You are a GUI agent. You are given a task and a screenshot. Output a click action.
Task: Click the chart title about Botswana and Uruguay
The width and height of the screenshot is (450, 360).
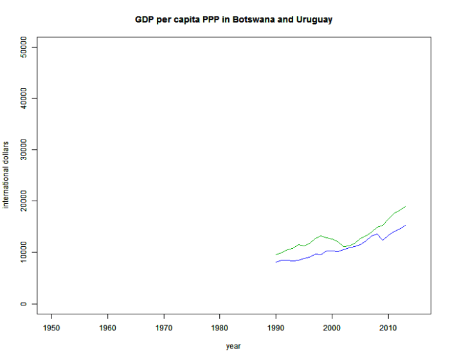click(233, 20)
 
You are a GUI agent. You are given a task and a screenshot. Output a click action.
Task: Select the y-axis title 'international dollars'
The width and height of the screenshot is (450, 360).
click(6, 175)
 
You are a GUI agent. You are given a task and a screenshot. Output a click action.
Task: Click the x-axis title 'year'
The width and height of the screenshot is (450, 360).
click(233, 346)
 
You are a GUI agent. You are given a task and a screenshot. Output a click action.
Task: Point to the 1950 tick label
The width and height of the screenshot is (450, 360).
click(52, 328)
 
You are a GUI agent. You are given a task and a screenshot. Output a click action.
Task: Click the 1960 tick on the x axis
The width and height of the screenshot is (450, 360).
click(108, 328)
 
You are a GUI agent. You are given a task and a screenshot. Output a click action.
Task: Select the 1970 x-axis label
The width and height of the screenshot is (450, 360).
click(164, 328)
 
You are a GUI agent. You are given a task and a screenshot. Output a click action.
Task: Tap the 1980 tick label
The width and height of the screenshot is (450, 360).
click(220, 328)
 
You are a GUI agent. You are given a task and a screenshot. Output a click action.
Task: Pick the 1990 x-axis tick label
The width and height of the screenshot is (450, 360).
click(276, 328)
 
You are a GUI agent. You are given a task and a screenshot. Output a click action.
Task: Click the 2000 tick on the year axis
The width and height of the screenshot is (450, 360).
click(332, 328)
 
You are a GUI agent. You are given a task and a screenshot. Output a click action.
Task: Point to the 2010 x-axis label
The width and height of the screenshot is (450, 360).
click(388, 328)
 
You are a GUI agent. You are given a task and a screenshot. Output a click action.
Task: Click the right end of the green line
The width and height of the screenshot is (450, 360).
click(405, 206)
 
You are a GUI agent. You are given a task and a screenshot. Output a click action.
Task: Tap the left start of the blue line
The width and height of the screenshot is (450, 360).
click(276, 262)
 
